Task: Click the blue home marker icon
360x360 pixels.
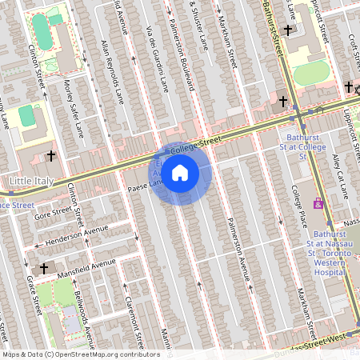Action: [180, 172]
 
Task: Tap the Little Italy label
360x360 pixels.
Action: [31, 182]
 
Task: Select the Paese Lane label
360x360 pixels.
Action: [144, 186]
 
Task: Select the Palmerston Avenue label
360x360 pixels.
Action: [238, 248]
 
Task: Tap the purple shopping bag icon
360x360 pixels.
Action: [319, 204]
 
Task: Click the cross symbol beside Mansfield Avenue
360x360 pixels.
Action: [44, 269]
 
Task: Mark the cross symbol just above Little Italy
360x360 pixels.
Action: [52, 155]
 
